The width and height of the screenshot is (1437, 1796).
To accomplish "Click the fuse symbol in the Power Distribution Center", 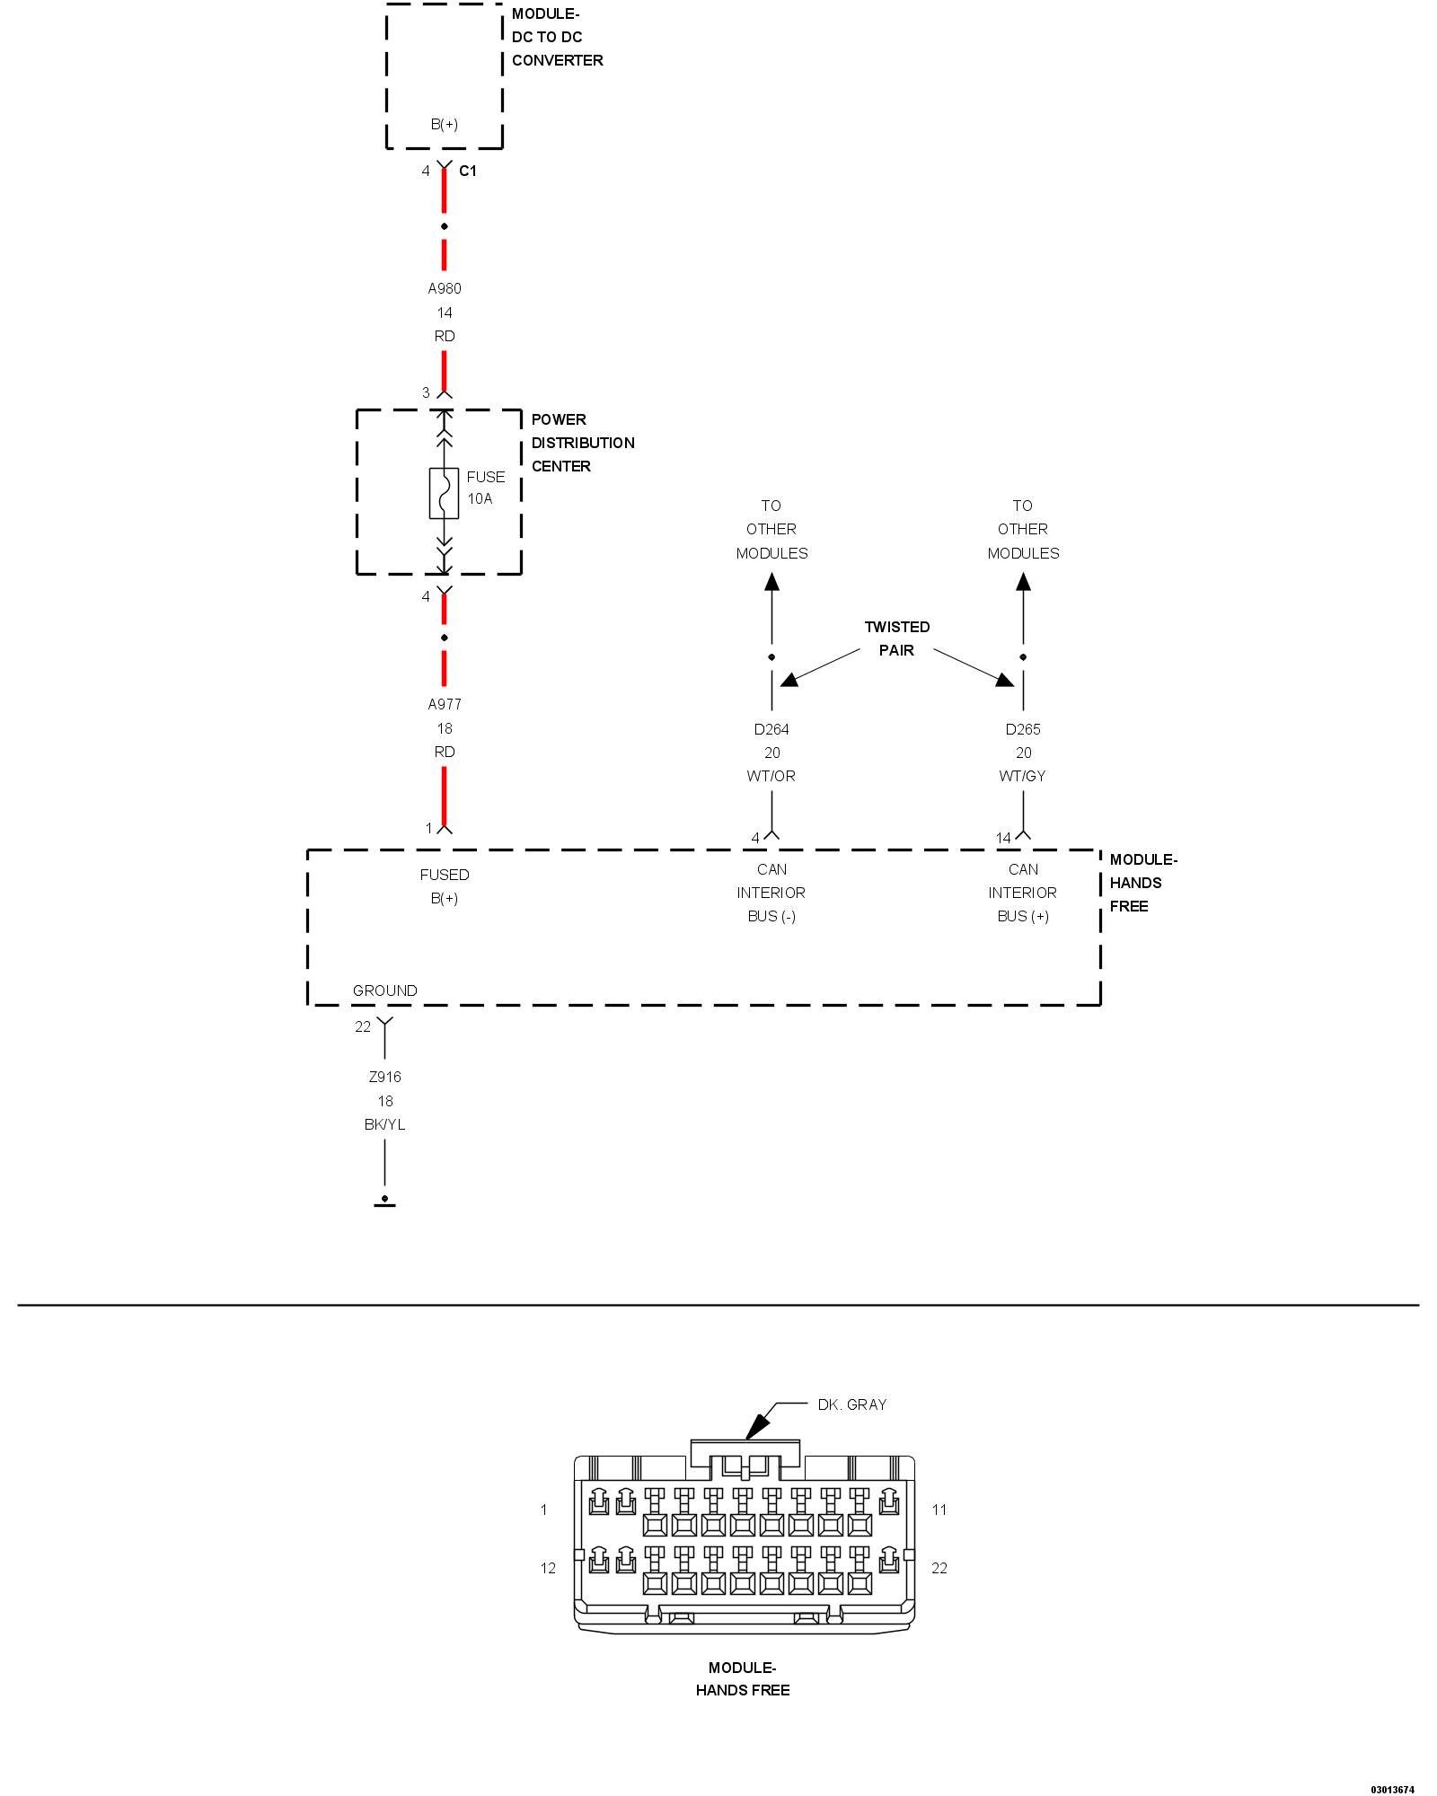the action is tap(444, 493).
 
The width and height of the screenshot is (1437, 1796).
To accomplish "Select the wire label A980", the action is tap(445, 288).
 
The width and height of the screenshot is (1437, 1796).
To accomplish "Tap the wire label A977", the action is tap(445, 704).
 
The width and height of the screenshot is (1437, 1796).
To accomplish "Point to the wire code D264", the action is tap(771, 729).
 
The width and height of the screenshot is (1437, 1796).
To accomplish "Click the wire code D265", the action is tap(1023, 729).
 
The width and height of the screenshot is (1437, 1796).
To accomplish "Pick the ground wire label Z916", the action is tap(385, 1077).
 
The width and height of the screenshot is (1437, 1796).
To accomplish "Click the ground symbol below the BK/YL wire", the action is tap(384, 1202).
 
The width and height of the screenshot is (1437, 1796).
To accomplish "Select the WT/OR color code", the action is tap(771, 776).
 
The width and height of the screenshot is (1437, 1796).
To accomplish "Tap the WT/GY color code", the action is tap(1023, 776).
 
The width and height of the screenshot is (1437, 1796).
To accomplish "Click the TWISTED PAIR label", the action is tap(897, 638).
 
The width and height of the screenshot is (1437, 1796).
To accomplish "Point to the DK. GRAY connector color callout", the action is tap(852, 1404).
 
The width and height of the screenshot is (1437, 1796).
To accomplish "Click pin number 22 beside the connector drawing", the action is tap(939, 1568).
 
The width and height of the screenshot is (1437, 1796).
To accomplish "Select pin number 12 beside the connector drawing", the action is tap(548, 1568).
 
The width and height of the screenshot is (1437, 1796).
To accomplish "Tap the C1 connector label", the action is tap(468, 171).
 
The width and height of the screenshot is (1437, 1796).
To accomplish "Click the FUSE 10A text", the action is tap(486, 488).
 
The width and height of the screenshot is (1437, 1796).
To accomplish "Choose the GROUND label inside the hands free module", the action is tap(385, 990).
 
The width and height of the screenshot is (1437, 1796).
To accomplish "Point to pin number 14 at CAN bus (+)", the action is tap(1003, 838).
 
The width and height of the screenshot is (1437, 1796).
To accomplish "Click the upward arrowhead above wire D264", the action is tap(771, 582).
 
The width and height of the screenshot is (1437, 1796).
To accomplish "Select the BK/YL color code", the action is tap(385, 1124).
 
